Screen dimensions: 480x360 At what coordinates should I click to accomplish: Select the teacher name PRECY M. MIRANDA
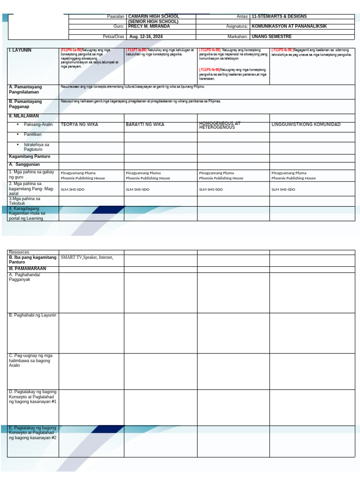coord(149,27)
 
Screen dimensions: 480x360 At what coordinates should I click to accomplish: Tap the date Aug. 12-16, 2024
coord(146,37)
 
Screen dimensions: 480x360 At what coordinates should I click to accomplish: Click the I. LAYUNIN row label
coord(20,50)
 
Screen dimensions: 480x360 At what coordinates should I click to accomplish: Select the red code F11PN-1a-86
coord(71,50)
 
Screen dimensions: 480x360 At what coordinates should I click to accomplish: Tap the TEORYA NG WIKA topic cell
coord(79,125)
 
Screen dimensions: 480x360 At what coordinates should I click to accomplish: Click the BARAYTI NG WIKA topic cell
coord(145,125)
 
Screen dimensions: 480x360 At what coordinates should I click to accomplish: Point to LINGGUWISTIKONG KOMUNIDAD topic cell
coord(306,125)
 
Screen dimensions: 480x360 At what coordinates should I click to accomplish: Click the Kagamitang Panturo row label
coord(30,157)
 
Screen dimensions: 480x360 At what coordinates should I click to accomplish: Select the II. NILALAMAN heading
coord(24,116)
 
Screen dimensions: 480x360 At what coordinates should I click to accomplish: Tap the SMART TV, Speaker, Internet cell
coord(87,257)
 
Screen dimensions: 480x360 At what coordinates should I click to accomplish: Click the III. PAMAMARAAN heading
coord(28,269)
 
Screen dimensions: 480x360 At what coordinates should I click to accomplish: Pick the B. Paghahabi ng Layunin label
coord(32,315)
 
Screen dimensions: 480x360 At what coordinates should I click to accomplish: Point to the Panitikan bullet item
coord(33,135)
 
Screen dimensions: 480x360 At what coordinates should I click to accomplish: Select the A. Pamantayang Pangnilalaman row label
coord(28,90)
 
